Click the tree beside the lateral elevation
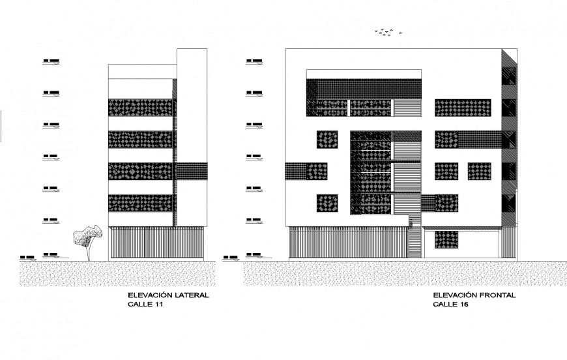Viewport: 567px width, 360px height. tap(86, 236)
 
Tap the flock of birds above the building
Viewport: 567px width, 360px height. tap(387, 31)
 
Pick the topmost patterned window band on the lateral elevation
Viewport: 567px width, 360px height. tap(141, 108)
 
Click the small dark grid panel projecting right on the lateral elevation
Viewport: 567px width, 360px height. tap(190, 172)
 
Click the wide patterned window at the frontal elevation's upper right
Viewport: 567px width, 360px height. tap(462, 108)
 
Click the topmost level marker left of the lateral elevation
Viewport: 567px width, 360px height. tap(51, 62)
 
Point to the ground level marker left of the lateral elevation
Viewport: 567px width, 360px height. tap(51, 253)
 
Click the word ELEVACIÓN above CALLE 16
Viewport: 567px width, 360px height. tap(454, 295)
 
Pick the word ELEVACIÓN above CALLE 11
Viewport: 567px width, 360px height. tap(149, 295)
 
